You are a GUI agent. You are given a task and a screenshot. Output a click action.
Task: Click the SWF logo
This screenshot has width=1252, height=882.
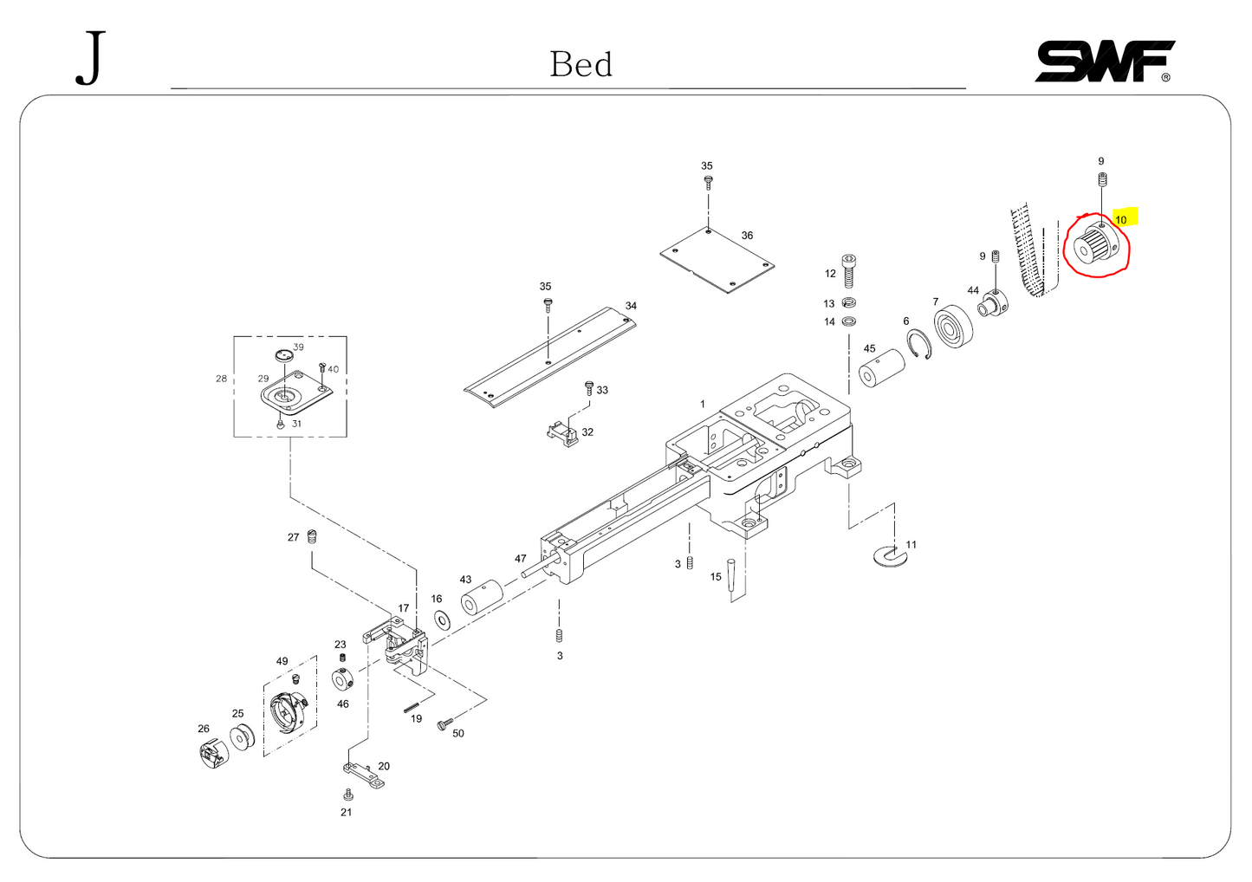1105,62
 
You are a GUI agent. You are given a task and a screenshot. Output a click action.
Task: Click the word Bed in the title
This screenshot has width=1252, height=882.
581,65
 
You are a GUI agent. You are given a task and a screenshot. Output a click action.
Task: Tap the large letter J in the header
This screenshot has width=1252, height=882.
91,58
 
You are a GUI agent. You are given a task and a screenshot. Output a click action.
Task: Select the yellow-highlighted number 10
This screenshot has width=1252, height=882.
1123,219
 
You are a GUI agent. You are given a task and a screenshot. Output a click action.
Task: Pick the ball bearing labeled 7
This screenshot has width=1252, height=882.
953,327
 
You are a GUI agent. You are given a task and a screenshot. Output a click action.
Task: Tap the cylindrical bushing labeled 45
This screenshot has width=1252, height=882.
881,373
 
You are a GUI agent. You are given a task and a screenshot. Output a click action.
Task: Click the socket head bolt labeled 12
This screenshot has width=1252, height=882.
849,270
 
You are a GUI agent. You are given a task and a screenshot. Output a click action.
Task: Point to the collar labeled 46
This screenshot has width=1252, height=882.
343,680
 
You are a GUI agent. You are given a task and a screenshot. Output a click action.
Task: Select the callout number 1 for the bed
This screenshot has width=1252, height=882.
703,405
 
